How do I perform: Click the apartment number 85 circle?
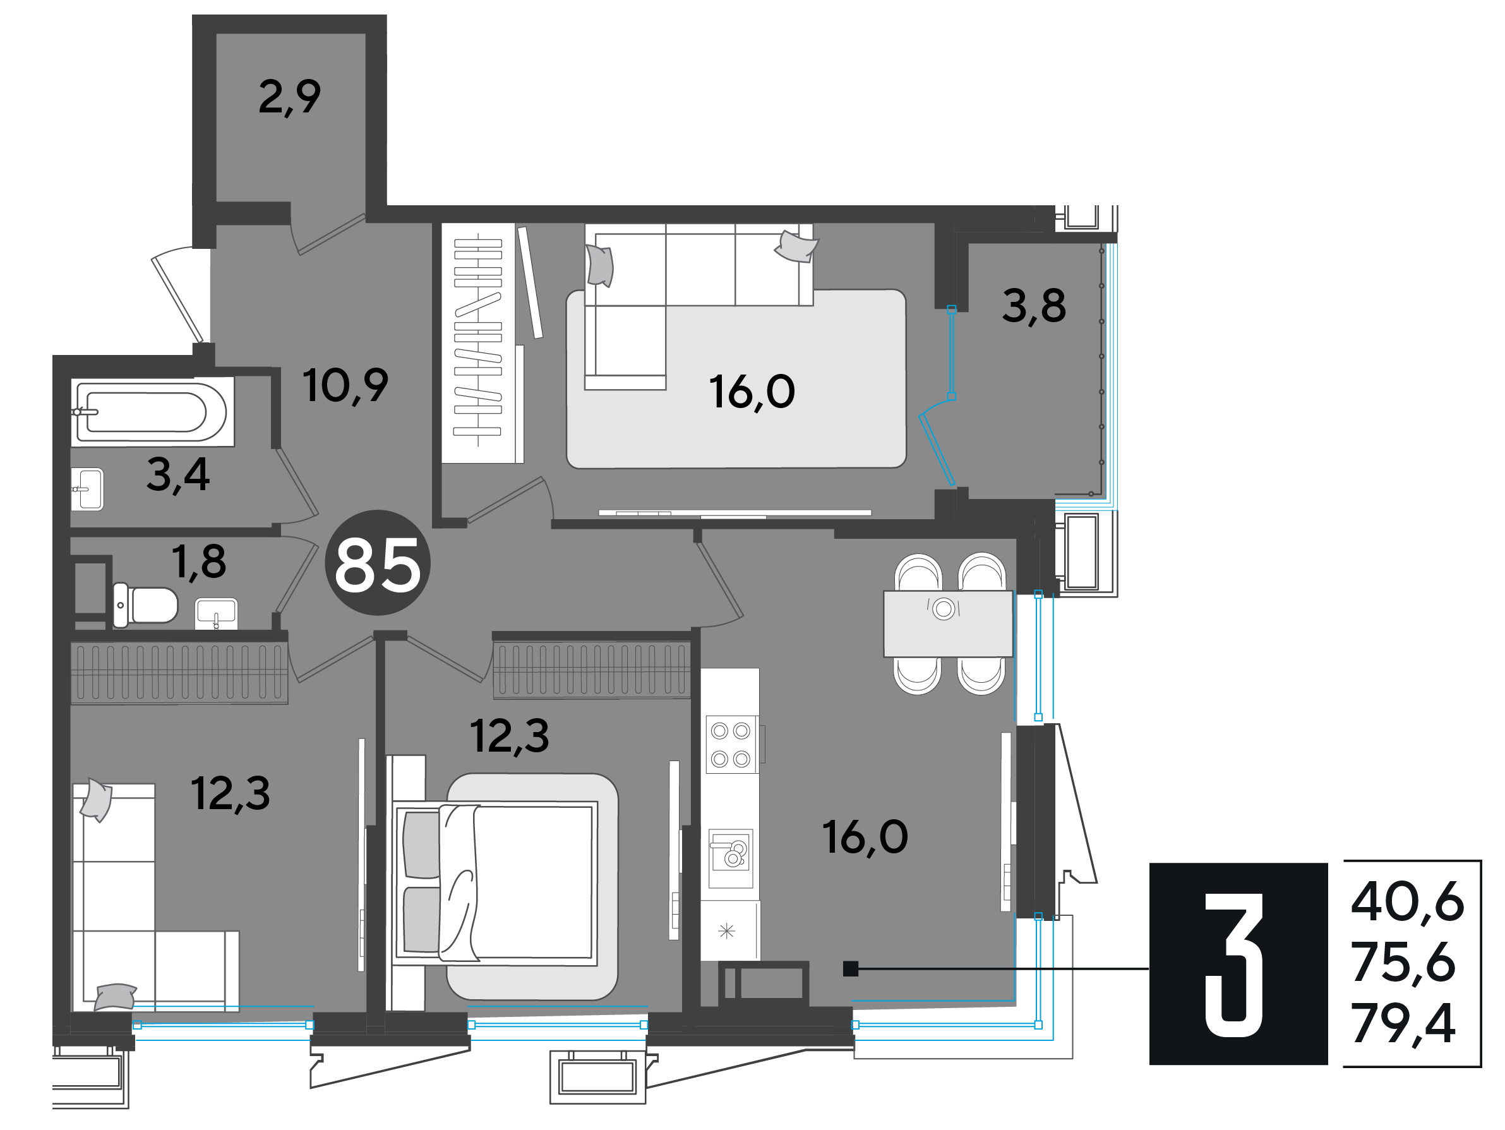click(378, 563)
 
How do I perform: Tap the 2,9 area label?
click(290, 97)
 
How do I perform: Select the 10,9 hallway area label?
click(345, 386)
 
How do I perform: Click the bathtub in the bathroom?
click(152, 412)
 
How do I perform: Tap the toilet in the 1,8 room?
click(145, 605)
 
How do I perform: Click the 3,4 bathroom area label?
click(178, 475)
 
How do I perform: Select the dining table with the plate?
click(948, 624)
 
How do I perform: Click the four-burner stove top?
click(731, 744)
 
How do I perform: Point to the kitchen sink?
click(731, 858)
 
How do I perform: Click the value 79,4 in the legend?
click(1403, 1023)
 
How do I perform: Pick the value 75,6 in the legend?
click(1403, 963)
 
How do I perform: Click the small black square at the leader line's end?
click(851, 968)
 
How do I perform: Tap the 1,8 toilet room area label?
click(199, 562)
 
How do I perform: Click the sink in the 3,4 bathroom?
click(88, 489)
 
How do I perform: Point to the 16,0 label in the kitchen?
click(865, 838)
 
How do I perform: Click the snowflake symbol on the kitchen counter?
click(727, 930)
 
